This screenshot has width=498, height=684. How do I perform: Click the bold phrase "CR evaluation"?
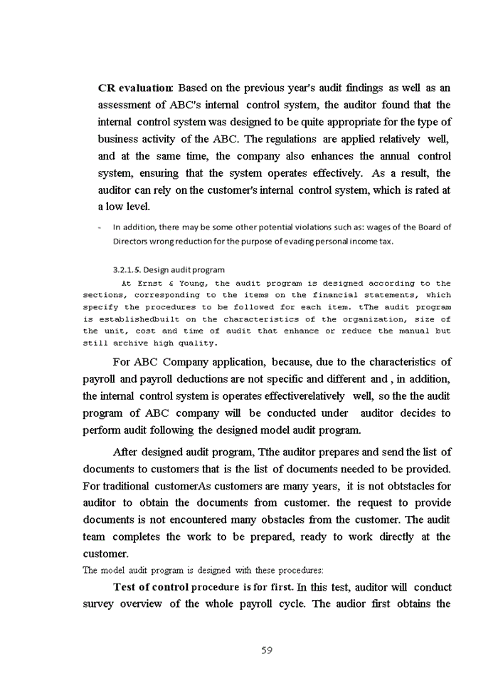coord(135,88)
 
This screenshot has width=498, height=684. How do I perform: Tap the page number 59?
coord(267,650)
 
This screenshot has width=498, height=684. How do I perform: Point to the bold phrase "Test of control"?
coord(151,588)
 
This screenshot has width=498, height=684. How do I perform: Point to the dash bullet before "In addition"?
coord(100,228)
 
